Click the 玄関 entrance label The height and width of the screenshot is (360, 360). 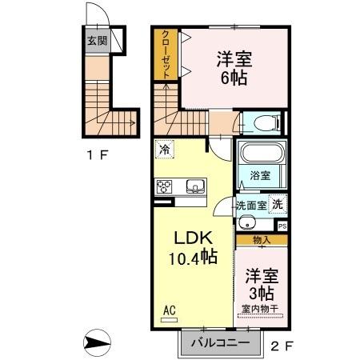[x=97, y=40]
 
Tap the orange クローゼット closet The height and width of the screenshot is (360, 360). [x=166, y=54]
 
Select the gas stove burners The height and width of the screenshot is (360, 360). [x=166, y=187]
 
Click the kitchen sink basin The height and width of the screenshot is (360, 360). [x=194, y=187]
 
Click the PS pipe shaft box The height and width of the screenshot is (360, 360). [x=282, y=226]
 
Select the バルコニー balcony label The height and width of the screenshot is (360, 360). [x=214, y=344]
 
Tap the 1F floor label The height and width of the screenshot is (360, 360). [x=98, y=154]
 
